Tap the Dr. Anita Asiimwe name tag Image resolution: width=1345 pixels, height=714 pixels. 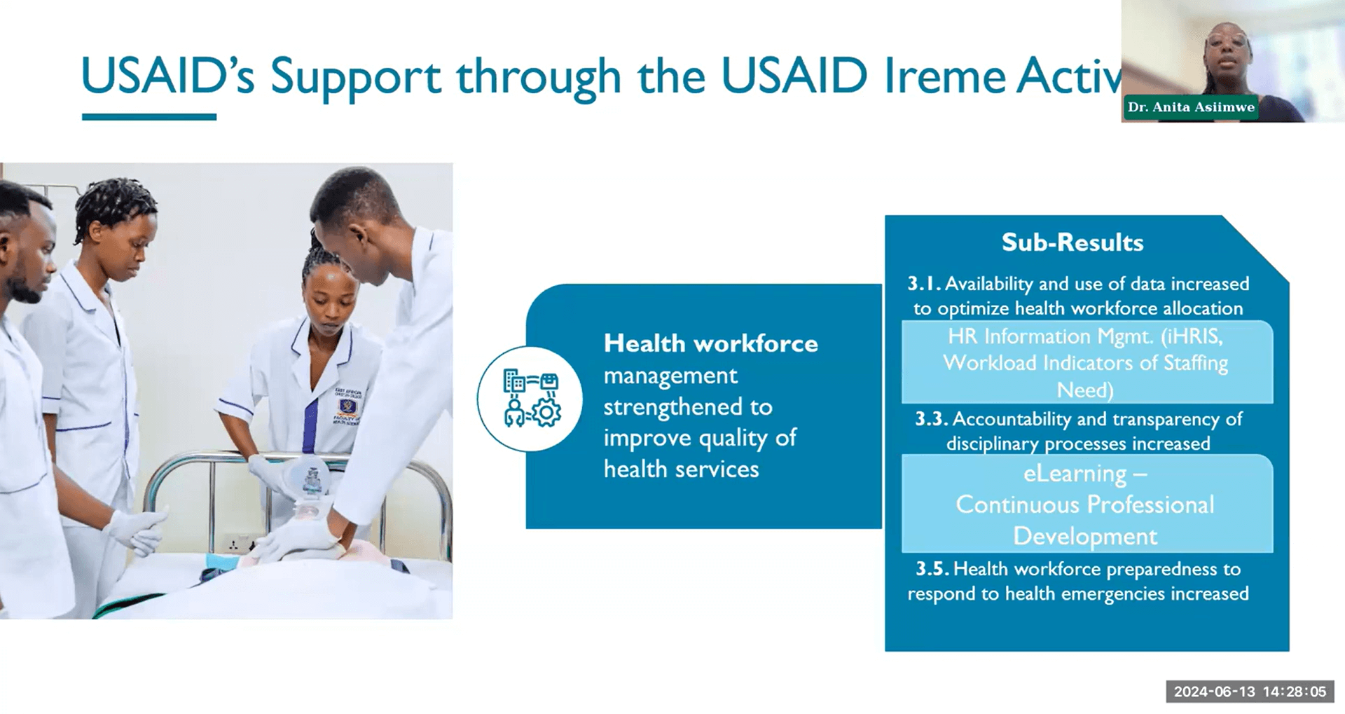[x=1190, y=107]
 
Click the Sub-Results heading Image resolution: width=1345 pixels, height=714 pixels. [x=1072, y=242]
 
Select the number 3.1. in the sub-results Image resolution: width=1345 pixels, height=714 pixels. [x=924, y=284]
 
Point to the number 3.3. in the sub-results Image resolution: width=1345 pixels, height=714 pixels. [x=932, y=419]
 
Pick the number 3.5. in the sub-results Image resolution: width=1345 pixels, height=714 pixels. [x=932, y=568]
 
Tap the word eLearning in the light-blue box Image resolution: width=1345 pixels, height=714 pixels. [x=1075, y=474]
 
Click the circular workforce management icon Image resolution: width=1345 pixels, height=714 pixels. [x=530, y=399]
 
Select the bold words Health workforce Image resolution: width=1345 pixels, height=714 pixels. [x=710, y=343]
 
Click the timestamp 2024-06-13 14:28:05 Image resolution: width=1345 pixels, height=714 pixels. [x=1250, y=692]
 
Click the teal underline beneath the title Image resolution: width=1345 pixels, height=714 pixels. [x=149, y=117]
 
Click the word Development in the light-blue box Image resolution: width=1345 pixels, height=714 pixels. [x=1084, y=536]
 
